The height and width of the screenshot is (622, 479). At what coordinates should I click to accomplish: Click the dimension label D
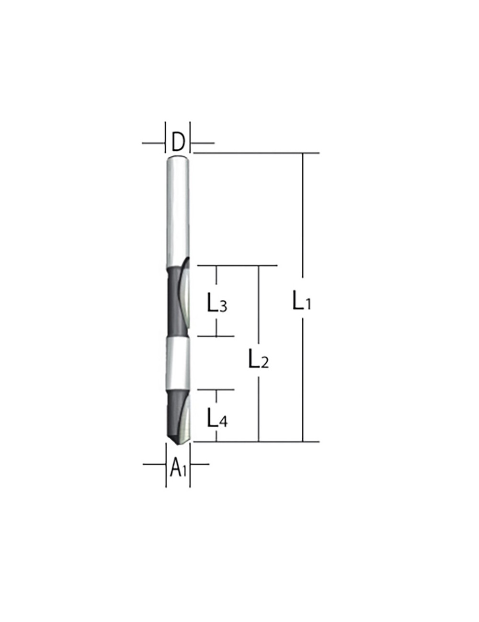(x=178, y=143)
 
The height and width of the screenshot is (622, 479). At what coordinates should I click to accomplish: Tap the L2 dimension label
(x=258, y=359)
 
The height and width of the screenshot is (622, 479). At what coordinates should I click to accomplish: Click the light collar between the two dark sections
(x=178, y=363)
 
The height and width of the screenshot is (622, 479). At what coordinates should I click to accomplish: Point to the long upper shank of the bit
(x=178, y=211)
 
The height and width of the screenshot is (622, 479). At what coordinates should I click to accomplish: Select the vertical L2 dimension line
(x=259, y=311)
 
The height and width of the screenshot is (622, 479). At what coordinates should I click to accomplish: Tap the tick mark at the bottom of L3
(x=217, y=336)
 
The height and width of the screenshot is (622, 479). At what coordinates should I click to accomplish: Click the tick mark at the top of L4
(x=217, y=390)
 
